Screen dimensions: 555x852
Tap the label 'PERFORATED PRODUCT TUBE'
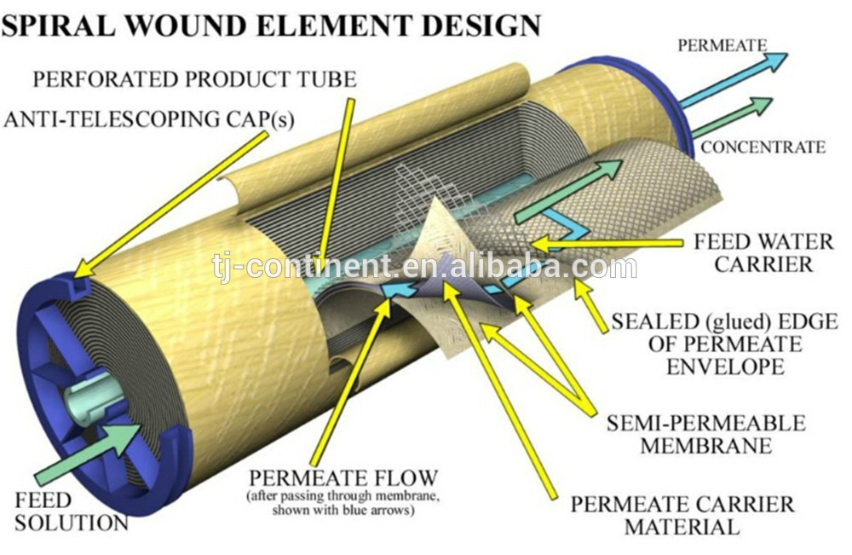(194, 81)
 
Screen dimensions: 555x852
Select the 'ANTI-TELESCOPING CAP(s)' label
(149, 119)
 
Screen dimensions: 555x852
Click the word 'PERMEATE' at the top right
(722, 45)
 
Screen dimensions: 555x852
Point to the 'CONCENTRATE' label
(763, 147)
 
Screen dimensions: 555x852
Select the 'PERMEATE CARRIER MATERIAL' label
(682, 515)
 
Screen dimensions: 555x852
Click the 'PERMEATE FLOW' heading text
(343, 477)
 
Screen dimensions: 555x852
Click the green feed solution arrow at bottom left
(85, 457)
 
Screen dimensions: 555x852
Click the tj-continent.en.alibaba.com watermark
(423, 267)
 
